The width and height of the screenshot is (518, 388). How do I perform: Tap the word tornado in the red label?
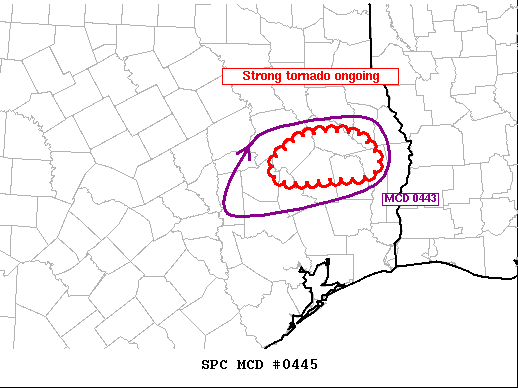312,77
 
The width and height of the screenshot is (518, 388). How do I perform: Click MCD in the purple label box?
398,199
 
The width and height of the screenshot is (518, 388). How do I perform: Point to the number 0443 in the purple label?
423,199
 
